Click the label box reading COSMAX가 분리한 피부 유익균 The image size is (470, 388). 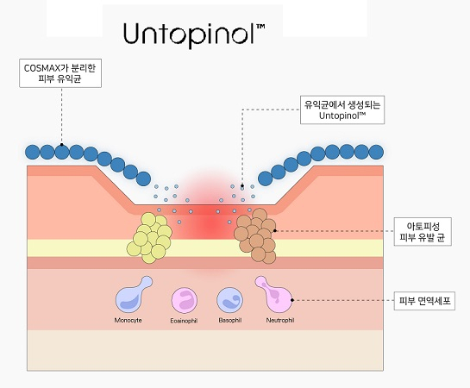tap(60, 73)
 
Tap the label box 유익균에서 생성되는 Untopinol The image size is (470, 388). tap(342, 110)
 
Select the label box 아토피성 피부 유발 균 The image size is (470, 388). tap(423, 232)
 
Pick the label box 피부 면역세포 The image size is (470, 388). tap(424, 301)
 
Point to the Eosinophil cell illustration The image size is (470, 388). tap(185, 300)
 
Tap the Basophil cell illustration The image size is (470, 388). tap(229, 300)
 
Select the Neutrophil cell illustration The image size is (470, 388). tap(274, 294)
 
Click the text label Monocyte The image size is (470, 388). tap(128, 320)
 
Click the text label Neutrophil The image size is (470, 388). tap(280, 320)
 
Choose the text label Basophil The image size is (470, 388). tap(230, 320)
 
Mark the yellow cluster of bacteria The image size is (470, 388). tap(149, 238)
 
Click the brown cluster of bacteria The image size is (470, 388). tap(255, 236)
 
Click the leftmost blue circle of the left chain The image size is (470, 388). tap(33, 152)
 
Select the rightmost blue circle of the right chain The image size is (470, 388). tap(376, 152)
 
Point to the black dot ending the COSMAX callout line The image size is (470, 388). tap(62, 144)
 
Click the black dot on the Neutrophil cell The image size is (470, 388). tap(292, 300)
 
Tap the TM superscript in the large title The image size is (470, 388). tap(260, 27)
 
